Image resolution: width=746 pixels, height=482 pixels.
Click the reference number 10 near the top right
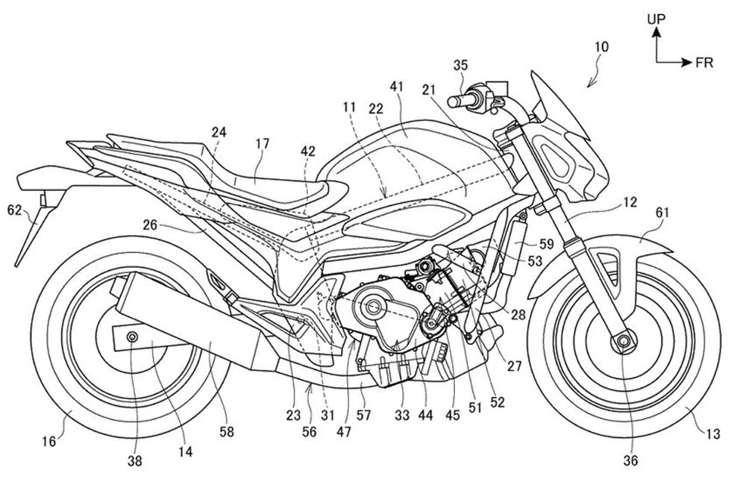tap(602, 47)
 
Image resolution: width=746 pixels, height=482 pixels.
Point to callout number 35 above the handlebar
tap(460, 66)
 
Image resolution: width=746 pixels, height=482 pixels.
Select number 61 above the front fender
tap(663, 213)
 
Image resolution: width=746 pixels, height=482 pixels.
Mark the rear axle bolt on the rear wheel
tap(133, 337)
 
